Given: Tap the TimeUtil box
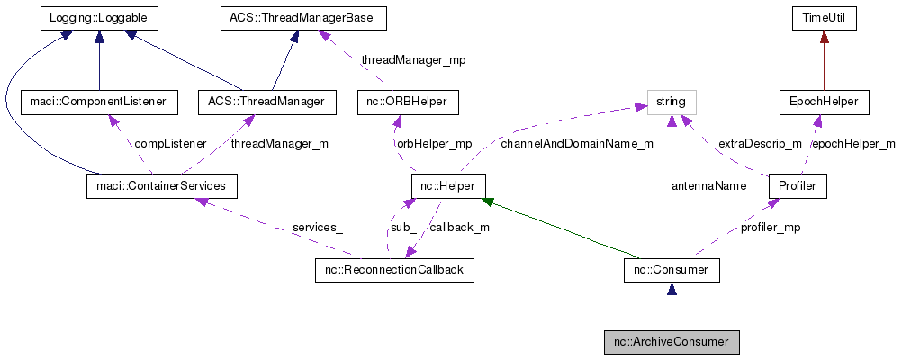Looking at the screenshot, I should (x=824, y=17).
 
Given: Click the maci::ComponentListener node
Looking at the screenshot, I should (x=98, y=102).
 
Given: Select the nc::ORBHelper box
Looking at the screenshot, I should (x=408, y=102).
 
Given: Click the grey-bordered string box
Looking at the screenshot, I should (x=672, y=102).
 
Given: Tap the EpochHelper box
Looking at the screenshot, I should (x=824, y=102).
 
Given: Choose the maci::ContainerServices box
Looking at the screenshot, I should (x=161, y=186).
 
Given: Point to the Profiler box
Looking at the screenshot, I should (x=797, y=186).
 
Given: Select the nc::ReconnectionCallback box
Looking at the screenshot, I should (x=394, y=270).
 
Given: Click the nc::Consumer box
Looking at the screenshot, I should (x=671, y=270).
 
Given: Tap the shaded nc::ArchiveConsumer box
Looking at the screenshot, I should (x=672, y=342).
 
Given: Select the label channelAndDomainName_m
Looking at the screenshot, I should (x=577, y=143).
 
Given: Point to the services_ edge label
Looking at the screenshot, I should (x=318, y=228).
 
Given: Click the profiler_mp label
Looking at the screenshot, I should (x=770, y=228).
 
